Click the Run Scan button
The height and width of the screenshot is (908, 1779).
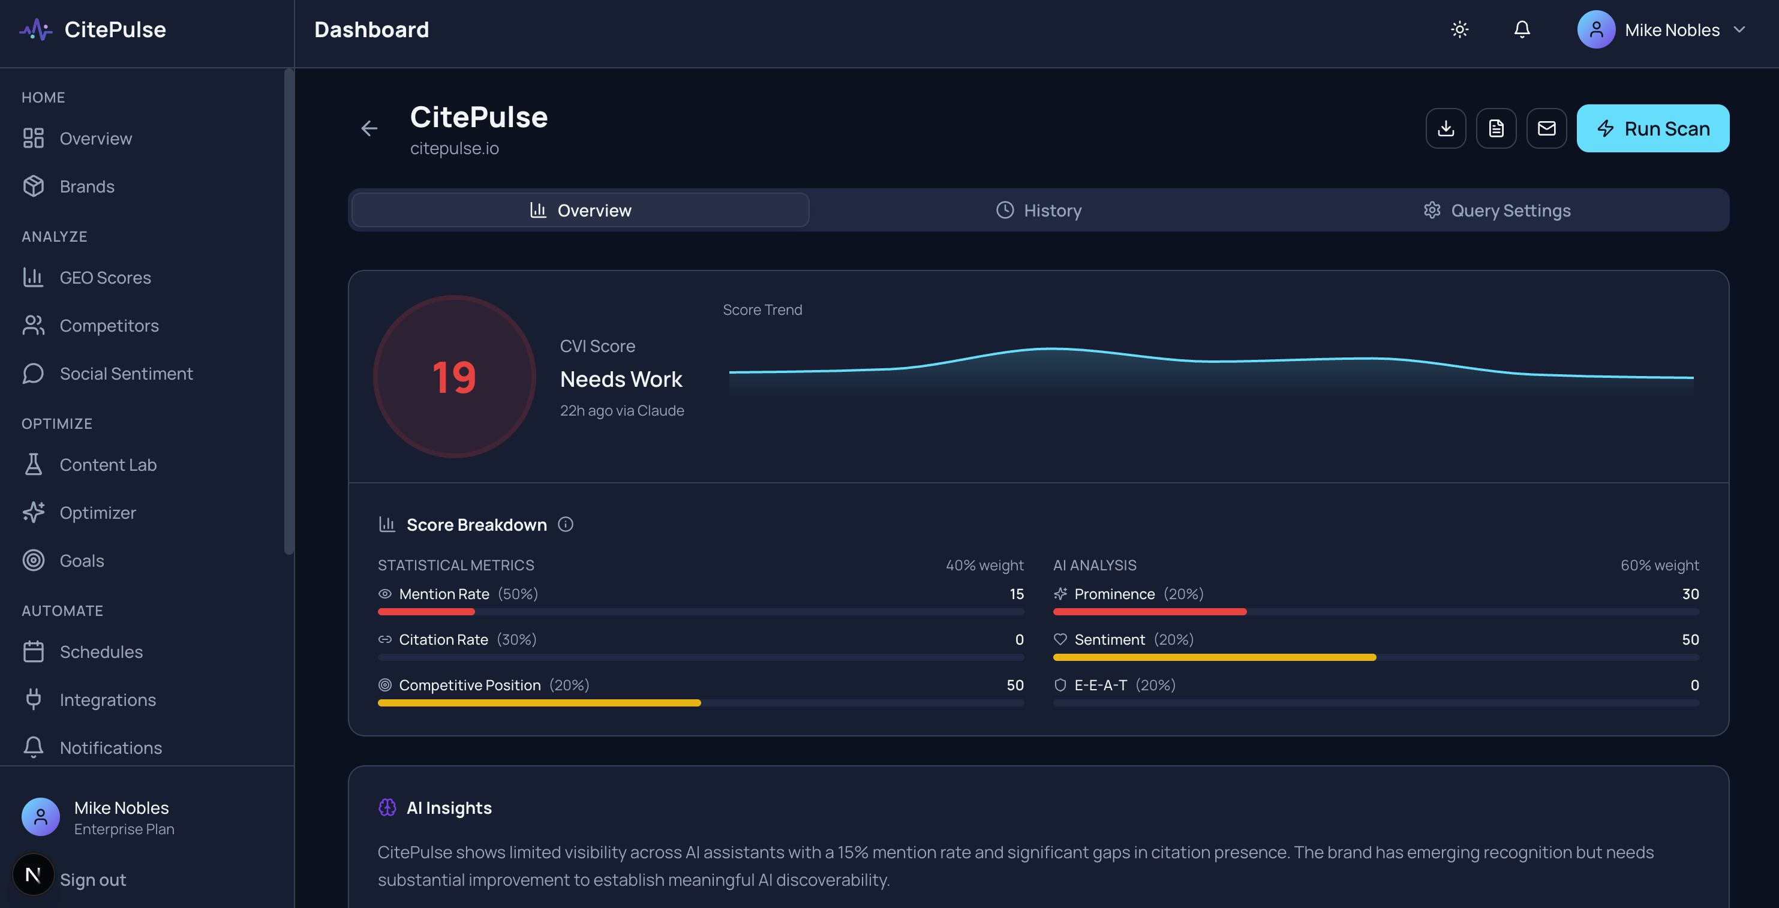pyautogui.click(x=1652, y=128)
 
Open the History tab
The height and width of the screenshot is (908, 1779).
pyautogui.click(x=1039, y=211)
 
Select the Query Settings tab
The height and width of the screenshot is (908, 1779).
pyautogui.click(x=1496, y=211)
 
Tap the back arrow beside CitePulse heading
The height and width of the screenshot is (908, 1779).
pyautogui.click(x=369, y=128)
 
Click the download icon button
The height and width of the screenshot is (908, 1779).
pyautogui.click(x=1446, y=128)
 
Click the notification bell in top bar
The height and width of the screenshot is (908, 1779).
pyautogui.click(x=1522, y=30)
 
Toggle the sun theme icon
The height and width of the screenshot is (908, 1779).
pyautogui.click(x=1459, y=30)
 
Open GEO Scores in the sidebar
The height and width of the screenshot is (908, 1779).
pyautogui.click(x=105, y=278)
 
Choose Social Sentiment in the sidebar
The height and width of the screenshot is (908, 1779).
pyautogui.click(x=126, y=374)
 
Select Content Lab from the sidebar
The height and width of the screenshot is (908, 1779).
pyautogui.click(x=108, y=465)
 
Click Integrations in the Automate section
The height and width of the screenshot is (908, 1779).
pyautogui.click(x=108, y=699)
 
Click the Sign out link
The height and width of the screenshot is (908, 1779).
pyautogui.click(x=92, y=880)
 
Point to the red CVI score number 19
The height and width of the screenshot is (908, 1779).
pyautogui.click(x=453, y=378)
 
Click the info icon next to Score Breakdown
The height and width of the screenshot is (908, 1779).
pyautogui.click(x=566, y=524)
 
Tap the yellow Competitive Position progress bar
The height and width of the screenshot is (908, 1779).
pyautogui.click(x=539, y=703)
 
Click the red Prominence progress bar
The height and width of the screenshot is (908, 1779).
pyautogui.click(x=1149, y=612)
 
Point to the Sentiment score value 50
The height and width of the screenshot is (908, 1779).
pyautogui.click(x=1690, y=639)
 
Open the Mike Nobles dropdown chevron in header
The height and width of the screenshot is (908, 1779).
pyautogui.click(x=1739, y=30)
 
